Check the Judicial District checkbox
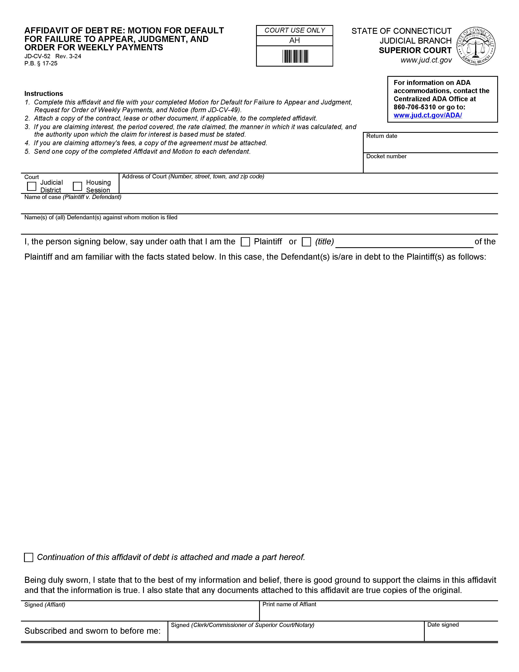coord(32,186)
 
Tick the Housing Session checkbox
coord(78,186)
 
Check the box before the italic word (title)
coord(306,242)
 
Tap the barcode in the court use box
coord(295,57)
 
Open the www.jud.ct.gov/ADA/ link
coord(427,115)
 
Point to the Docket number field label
coord(386,156)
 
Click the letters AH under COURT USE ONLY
coord(294,41)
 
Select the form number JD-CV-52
coord(37,56)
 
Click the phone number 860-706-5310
coord(414,107)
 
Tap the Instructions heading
coord(44,93)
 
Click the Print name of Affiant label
coord(289,604)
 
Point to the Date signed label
coord(443,625)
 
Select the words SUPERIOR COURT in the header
coord(415,51)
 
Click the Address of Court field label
coord(144,177)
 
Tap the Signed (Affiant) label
coord(45,605)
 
